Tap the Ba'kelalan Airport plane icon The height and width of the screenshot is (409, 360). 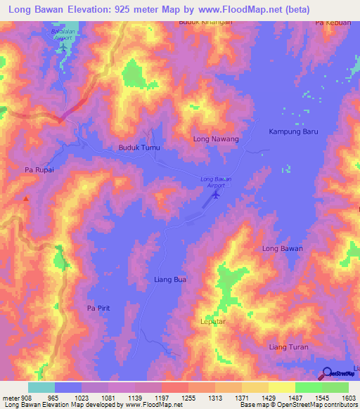(63, 47)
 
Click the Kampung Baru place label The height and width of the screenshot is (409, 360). (295, 131)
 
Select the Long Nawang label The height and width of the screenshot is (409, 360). (216, 139)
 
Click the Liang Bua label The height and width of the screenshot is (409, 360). (170, 280)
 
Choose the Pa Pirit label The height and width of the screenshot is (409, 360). (99, 309)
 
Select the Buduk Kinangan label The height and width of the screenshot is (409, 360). (205, 22)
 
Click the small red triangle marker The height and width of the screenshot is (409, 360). (26, 199)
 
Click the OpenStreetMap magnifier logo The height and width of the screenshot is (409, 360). (326, 375)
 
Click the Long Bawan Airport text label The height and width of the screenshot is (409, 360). (216, 181)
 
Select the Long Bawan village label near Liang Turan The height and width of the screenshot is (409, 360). (282, 248)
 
